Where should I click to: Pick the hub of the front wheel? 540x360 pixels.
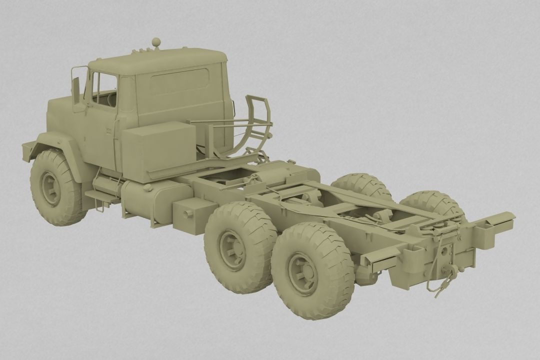50,188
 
